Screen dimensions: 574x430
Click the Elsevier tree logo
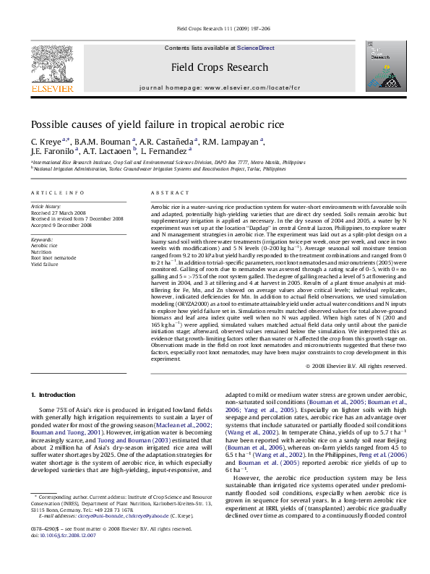point(51,65)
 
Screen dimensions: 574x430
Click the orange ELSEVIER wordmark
point(52,90)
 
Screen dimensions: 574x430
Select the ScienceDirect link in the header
point(256,48)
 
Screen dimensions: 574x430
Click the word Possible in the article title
point(50,124)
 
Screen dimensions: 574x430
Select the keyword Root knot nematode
point(53,257)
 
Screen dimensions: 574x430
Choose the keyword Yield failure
point(46,264)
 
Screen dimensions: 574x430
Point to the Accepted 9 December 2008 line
point(63,223)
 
